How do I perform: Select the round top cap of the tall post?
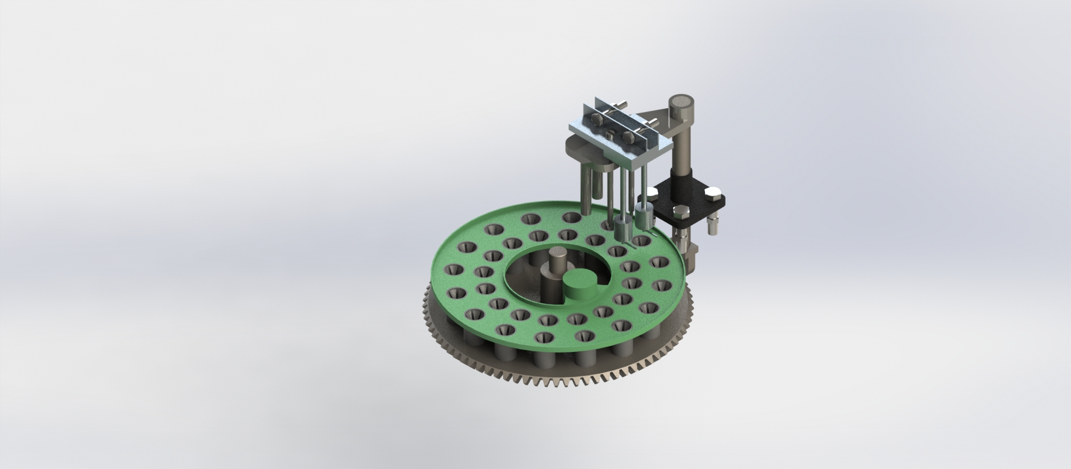(x=681, y=102)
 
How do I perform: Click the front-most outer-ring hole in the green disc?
(x=584, y=336)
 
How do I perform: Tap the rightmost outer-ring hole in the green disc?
(x=662, y=286)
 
